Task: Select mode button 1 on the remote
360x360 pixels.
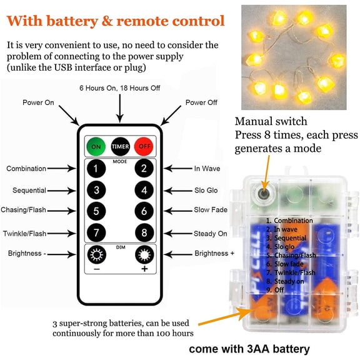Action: pos(96,168)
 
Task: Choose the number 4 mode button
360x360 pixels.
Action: pos(144,190)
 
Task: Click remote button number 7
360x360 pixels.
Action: pos(96,232)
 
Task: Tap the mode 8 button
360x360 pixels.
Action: pos(144,232)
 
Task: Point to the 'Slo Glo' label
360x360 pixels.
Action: pos(206,190)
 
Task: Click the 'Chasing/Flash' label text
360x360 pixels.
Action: pos(24,211)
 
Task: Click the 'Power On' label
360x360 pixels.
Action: pos(38,102)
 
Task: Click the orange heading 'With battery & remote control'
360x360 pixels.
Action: pos(116,21)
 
